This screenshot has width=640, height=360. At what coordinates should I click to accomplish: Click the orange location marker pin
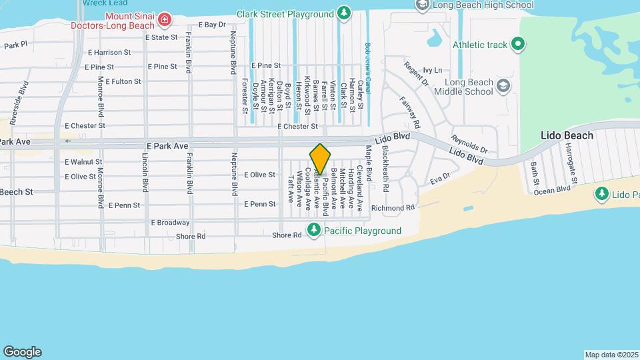(320, 159)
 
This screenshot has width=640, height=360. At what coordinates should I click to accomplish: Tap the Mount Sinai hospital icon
(165, 21)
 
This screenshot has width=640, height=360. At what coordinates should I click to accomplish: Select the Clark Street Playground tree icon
(343, 13)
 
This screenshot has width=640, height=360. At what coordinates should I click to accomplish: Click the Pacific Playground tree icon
(314, 231)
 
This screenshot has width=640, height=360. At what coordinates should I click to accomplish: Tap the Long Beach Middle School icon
(503, 86)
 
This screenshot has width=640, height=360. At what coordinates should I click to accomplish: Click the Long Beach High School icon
(422, 5)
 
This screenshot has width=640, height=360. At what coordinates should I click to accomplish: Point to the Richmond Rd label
(393, 207)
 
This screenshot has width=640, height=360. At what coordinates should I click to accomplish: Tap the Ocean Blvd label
(552, 189)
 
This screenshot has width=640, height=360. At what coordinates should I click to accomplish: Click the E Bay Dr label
(213, 24)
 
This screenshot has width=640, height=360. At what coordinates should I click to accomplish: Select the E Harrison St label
(109, 52)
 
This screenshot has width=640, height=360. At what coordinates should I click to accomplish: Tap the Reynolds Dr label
(469, 143)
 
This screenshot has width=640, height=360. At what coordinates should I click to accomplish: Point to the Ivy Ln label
(433, 70)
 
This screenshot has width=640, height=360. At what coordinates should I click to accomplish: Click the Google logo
(22, 352)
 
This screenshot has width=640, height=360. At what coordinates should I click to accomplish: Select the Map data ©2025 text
(611, 355)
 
